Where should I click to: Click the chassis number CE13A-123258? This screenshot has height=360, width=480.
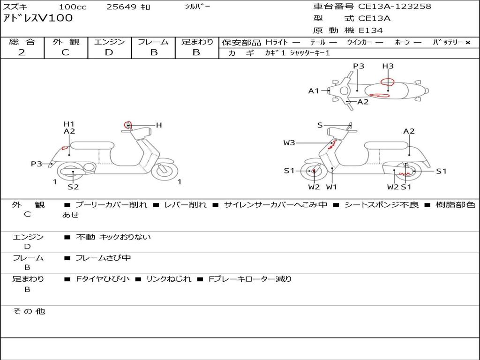(395, 6)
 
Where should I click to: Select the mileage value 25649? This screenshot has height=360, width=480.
(121, 7)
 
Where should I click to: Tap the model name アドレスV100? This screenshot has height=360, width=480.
(37, 18)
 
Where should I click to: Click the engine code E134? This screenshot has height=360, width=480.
(371, 30)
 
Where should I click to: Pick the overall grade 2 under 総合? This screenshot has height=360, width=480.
(22, 52)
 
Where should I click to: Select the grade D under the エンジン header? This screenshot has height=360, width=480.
(109, 52)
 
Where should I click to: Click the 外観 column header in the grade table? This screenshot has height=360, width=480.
(66, 42)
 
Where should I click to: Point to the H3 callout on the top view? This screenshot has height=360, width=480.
(388, 66)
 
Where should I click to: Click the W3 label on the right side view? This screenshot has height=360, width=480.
(289, 142)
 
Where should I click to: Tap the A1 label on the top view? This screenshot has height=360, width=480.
(314, 90)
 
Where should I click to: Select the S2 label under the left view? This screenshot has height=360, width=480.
(73, 187)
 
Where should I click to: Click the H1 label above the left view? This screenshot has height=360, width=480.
(69, 124)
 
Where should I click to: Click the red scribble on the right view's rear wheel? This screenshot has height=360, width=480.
(404, 174)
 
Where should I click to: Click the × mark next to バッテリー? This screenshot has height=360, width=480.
(468, 43)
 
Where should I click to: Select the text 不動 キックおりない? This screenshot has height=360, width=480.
(113, 237)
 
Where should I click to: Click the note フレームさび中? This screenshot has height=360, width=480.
(103, 258)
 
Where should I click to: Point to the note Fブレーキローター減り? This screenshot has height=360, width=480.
(250, 279)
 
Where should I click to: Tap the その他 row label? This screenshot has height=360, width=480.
(29, 311)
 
